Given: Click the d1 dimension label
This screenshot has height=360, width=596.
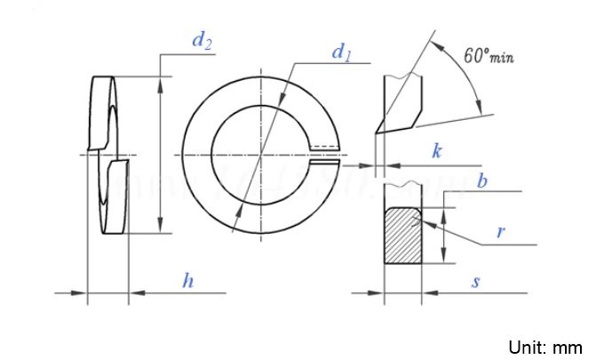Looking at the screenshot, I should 341,53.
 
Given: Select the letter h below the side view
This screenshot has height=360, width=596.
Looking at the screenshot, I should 187,282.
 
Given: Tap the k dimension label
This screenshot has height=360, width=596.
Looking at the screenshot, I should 437,151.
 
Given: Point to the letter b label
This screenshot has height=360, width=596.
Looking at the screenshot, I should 482,182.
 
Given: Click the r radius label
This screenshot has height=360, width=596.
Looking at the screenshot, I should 501,233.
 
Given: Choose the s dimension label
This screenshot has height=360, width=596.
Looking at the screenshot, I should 476,282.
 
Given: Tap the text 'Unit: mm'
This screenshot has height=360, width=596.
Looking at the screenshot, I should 544,347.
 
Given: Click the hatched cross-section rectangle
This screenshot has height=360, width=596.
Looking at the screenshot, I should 403,236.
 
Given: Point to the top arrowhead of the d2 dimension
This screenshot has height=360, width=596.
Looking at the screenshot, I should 161,83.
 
